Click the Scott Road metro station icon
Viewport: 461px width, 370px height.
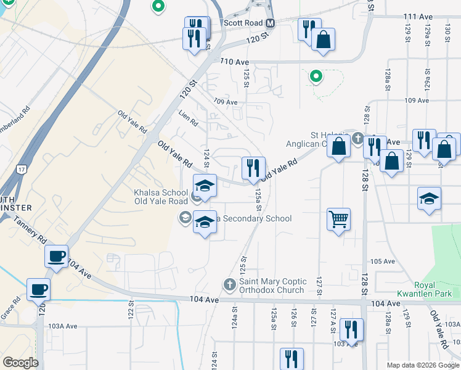[271, 23]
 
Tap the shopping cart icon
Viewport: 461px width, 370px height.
[338, 219]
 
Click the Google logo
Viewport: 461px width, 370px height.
[20, 362]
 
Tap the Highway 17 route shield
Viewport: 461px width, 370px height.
[23, 169]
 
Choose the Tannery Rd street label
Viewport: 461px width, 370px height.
[30, 230]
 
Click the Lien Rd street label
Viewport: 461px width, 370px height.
[188, 115]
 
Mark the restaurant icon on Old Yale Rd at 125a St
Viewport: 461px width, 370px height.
[253, 167]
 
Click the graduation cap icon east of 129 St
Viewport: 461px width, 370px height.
[429, 198]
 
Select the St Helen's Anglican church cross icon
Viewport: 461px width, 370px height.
[358, 138]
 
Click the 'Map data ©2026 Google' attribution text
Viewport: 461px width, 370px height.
[423, 365]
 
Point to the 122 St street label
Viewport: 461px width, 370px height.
[131, 310]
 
